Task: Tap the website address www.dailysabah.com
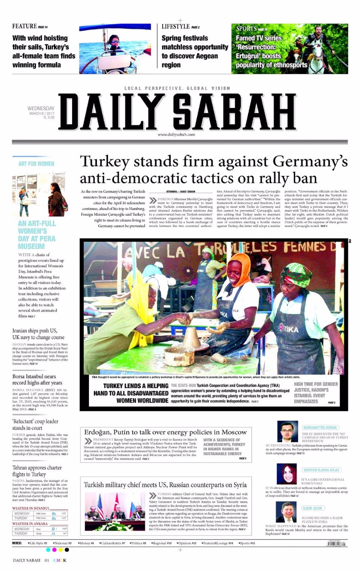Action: pyautogui.click(x=176, y=135)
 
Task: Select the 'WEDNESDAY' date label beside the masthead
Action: pyautogui.click(x=41, y=108)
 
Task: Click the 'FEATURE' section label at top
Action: pyautogui.click(x=24, y=27)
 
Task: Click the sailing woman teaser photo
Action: pyautogui.click(x=115, y=49)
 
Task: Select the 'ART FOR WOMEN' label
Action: pyautogui.click(x=36, y=163)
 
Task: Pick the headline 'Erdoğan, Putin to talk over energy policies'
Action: pyautogui.click(x=165, y=432)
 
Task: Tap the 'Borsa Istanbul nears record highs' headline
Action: pyautogui.click(x=37, y=379)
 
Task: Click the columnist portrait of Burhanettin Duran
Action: pyautogui.click(x=287, y=431)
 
